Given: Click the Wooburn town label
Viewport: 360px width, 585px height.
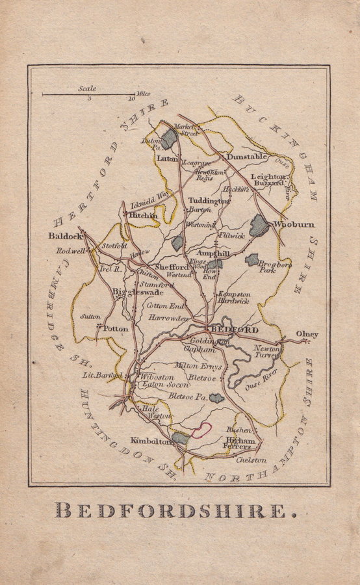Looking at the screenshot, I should click(x=294, y=224).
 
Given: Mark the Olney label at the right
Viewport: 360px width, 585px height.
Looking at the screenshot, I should click(x=307, y=334).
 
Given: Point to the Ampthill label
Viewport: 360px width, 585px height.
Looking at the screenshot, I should click(x=214, y=253).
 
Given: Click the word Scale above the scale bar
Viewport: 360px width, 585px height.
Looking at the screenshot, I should click(x=87, y=88).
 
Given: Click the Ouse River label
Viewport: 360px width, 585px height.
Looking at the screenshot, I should click(x=261, y=385).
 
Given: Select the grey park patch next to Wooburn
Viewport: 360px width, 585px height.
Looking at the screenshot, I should click(x=259, y=226).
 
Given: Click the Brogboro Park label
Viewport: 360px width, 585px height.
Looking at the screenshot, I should click(x=277, y=266).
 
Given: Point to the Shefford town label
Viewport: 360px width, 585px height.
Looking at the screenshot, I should click(x=172, y=266).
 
